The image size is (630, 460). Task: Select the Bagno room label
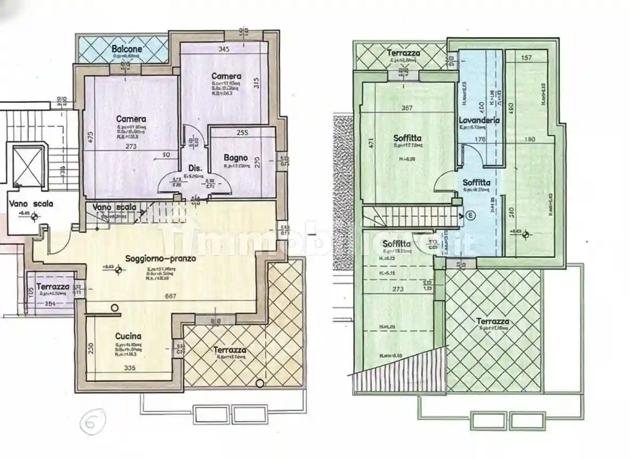click(236, 158)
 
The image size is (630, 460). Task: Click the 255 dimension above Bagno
click(243, 133)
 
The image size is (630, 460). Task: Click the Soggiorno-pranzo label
click(161, 259)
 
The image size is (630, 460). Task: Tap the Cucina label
click(128, 336)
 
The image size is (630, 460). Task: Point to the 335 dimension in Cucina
click(128, 368)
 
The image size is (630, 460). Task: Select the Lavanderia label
click(479, 120)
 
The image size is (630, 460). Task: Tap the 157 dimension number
click(527, 57)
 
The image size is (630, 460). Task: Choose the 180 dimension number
click(529, 140)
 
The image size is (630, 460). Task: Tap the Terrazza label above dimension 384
click(53, 286)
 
